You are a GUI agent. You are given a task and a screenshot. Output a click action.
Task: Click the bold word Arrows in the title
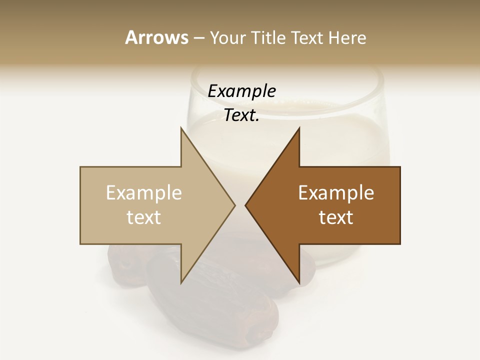point(156,37)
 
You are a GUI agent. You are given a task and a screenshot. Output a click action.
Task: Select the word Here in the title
point(347,37)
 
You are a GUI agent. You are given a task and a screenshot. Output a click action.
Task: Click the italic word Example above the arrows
point(241,91)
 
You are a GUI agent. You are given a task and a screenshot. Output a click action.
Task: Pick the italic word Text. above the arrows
point(241,115)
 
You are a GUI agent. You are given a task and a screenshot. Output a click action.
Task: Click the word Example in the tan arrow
point(144,192)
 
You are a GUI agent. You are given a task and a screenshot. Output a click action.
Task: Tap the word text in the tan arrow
point(144,217)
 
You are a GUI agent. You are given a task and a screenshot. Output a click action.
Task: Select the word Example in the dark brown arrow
point(336,192)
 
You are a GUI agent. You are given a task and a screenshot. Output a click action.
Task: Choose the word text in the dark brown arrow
point(336,217)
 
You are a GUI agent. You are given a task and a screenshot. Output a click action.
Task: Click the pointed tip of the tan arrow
point(234,205)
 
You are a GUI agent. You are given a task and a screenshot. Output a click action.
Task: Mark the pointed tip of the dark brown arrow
point(246,205)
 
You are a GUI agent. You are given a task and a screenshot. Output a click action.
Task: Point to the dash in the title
point(198,38)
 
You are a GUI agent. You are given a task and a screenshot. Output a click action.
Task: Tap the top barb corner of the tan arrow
point(181,128)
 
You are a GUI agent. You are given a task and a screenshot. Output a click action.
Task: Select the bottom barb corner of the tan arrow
point(181,283)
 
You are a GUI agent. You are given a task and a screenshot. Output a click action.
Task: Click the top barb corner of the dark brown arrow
point(299,128)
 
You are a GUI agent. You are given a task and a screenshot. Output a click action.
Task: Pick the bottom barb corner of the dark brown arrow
point(299,283)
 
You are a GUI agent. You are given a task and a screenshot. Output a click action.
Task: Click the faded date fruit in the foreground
point(220,300)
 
